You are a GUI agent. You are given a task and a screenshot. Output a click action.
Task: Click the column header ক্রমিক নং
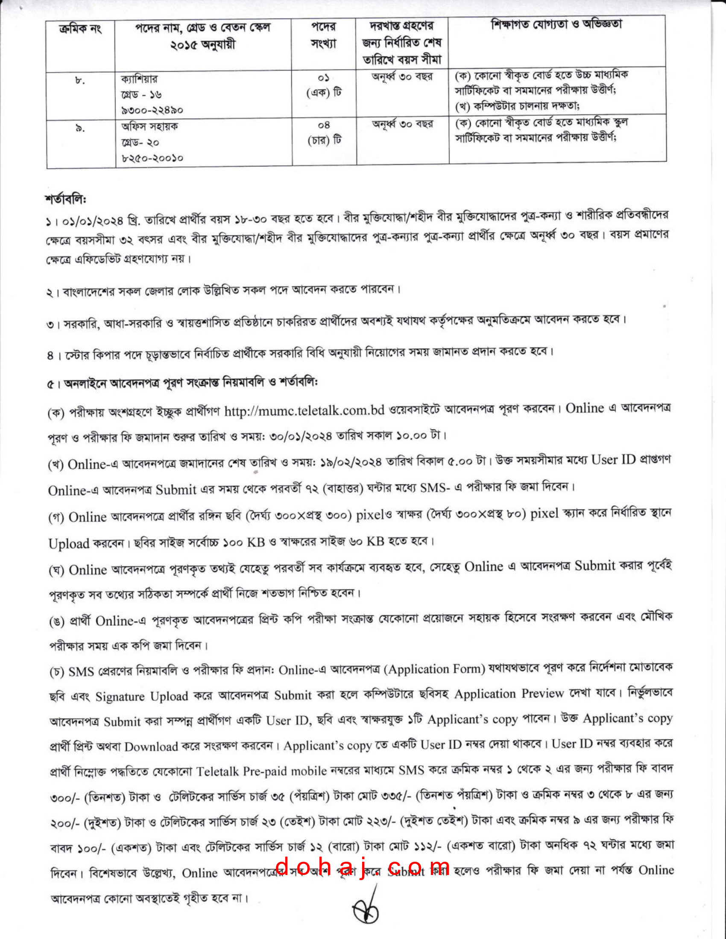tap(80, 29)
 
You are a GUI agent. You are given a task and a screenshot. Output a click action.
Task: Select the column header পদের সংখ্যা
tap(323, 35)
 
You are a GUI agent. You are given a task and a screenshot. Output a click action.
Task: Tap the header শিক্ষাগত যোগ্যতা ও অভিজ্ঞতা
tap(556, 24)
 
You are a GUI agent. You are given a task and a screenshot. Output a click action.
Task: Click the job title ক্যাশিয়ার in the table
tap(139, 79)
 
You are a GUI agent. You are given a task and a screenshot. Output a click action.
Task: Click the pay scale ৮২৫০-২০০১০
tap(152, 158)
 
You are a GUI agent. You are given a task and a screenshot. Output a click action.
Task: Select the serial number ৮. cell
tap(80, 80)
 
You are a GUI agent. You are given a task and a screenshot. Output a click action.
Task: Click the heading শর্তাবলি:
tap(66, 199)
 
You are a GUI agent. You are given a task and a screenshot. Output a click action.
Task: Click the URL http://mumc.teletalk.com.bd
tap(304, 411)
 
